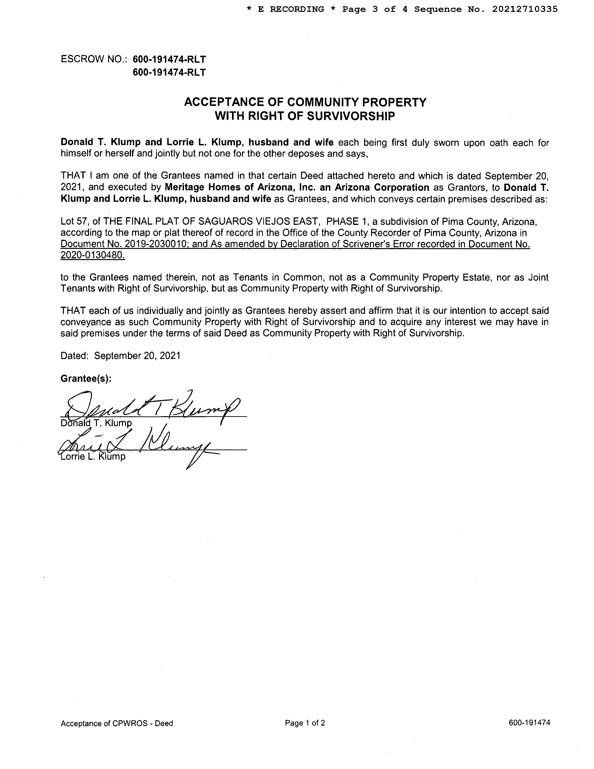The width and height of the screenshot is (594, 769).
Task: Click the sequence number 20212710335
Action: pos(525,10)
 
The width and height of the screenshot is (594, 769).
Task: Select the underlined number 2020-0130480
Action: pos(92,255)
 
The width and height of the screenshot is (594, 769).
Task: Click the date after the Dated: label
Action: pos(137,356)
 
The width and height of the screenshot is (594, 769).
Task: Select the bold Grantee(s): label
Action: pos(86,378)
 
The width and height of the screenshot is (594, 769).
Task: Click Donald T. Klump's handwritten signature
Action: pos(151,407)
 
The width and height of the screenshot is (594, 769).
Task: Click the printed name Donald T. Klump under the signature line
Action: pos(96,423)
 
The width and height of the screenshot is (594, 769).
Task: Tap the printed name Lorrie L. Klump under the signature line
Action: pos(93,457)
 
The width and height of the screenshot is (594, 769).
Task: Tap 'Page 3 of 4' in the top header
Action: pos(375,10)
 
